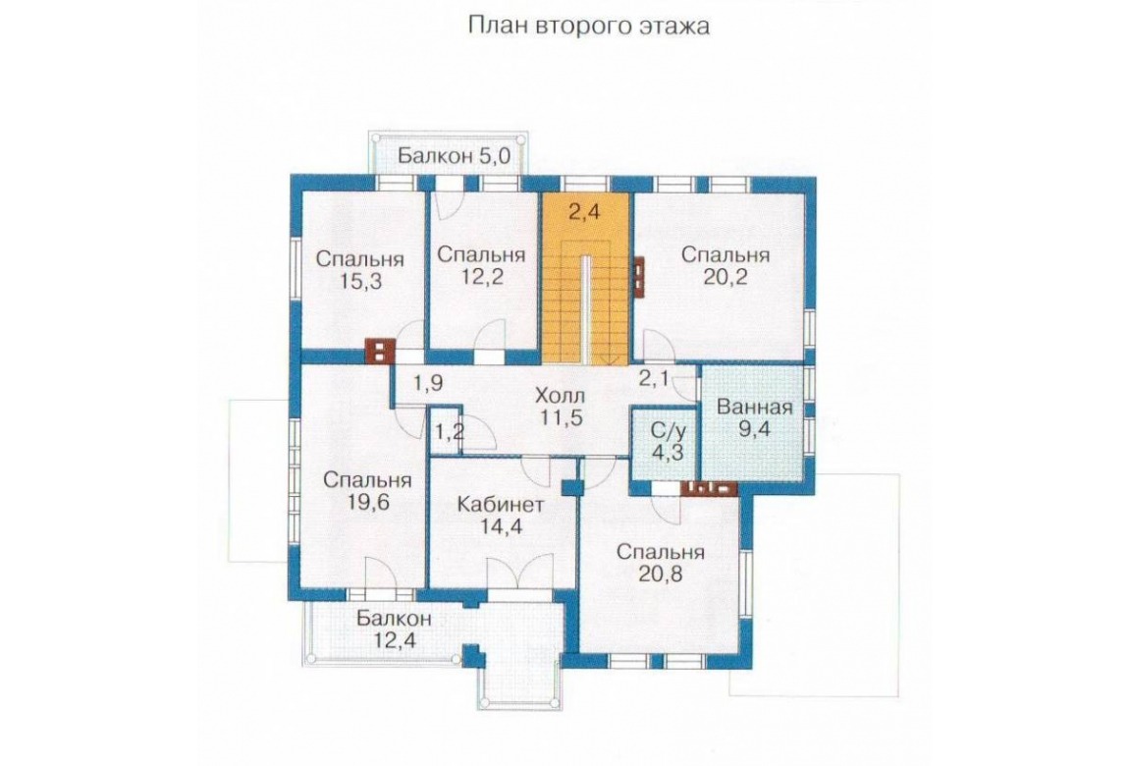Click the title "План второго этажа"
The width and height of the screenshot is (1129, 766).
pyautogui.click(x=589, y=26)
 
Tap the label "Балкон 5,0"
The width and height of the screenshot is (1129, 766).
pyautogui.click(x=454, y=155)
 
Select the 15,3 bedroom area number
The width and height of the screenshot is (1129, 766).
pyautogui.click(x=360, y=282)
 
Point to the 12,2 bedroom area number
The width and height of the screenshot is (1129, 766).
pyautogui.click(x=481, y=277)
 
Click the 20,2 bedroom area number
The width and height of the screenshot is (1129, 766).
pyautogui.click(x=726, y=277)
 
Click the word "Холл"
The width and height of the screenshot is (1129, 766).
pyautogui.click(x=561, y=395)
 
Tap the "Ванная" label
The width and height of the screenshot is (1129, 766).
pyautogui.click(x=754, y=407)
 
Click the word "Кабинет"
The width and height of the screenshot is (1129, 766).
pyautogui.click(x=501, y=503)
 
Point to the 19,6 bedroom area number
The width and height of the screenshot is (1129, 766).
pyautogui.click(x=367, y=502)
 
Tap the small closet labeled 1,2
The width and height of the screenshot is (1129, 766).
pyautogui.click(x=447, y=433)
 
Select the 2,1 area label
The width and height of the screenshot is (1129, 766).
pyautogui.click(x=655, y=378)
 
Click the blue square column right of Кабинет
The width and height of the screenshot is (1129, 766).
pyautogui.click(x=571, y=487)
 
